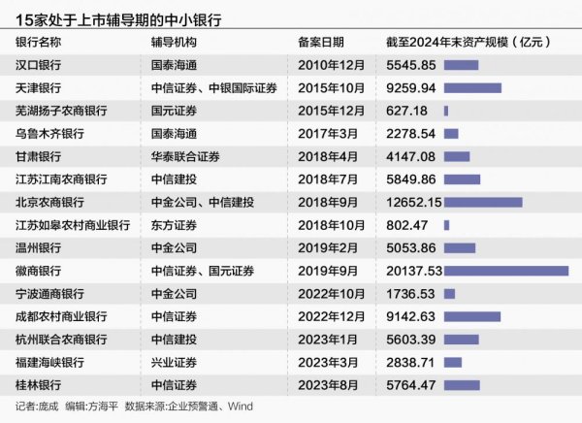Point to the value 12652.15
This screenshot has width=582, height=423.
(x=413, y=203)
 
